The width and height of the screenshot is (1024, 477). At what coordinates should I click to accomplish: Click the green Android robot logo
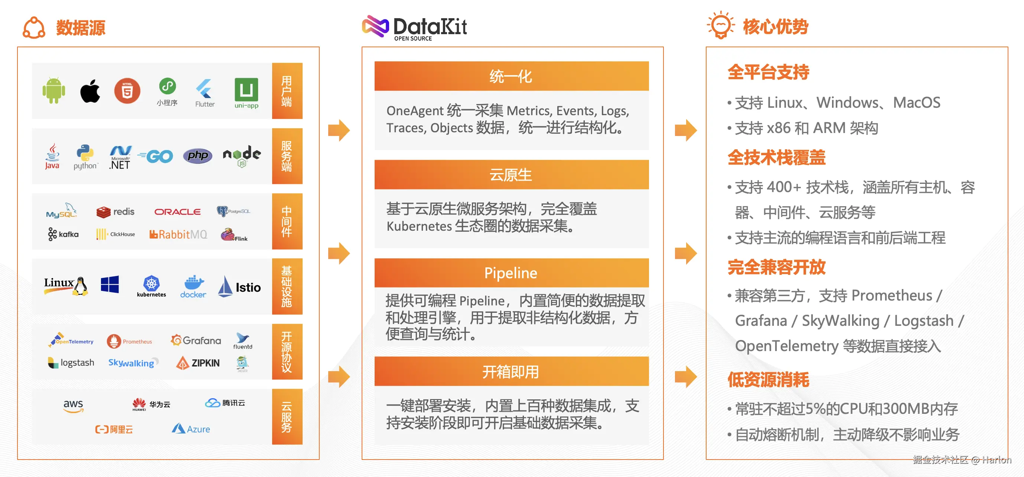(x=54, y=90)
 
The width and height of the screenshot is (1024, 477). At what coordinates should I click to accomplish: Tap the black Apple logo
(x=90, y=91)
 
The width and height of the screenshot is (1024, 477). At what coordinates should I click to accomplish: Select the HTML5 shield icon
(x=127, y=91)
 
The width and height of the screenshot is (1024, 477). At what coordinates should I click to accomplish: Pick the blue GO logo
(x=156, y=156)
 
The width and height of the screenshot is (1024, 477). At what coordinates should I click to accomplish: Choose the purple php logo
(x=198, y=156)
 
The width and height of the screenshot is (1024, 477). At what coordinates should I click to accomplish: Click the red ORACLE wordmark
(x=177, y=212)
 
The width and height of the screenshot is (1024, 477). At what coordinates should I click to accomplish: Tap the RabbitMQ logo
(x=178, y=234)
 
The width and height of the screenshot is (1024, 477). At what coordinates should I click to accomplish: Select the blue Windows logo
(x=110, y=285)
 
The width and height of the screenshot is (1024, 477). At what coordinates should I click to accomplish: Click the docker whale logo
(x=193, y=286)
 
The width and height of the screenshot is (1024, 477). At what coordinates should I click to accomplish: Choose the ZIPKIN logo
(x=198, y=363)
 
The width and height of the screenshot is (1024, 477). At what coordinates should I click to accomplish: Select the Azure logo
(x=191, y=428)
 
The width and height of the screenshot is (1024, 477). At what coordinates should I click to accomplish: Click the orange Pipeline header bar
(x=511, y=273)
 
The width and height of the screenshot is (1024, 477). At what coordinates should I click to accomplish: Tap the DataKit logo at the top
(x=414, y=27)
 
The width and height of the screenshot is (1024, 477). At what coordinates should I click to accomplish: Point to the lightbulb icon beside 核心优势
(x=720, y=25)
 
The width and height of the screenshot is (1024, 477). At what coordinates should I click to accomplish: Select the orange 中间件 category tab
(x=287, y=221)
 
